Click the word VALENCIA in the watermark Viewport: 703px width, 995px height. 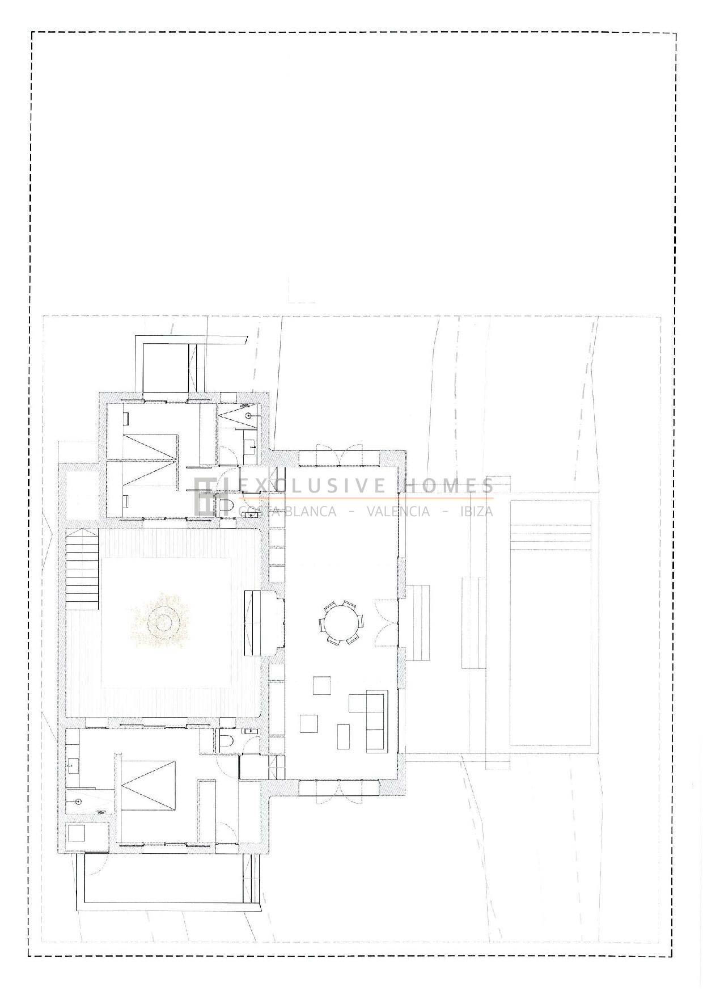coord(398,511)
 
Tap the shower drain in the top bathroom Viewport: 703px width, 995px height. coord(248,415)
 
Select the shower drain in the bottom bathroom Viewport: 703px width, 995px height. coord(79,802)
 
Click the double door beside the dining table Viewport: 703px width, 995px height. coord(387,622)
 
